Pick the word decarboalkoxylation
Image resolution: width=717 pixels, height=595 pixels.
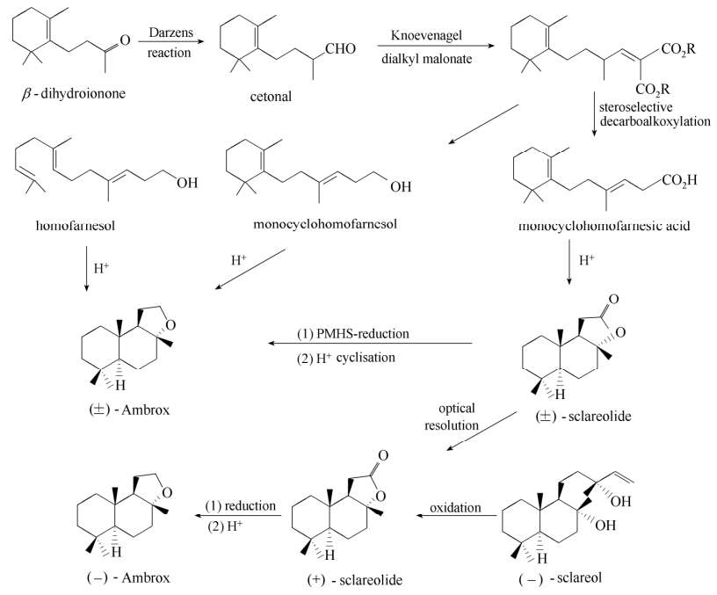[654, 121]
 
